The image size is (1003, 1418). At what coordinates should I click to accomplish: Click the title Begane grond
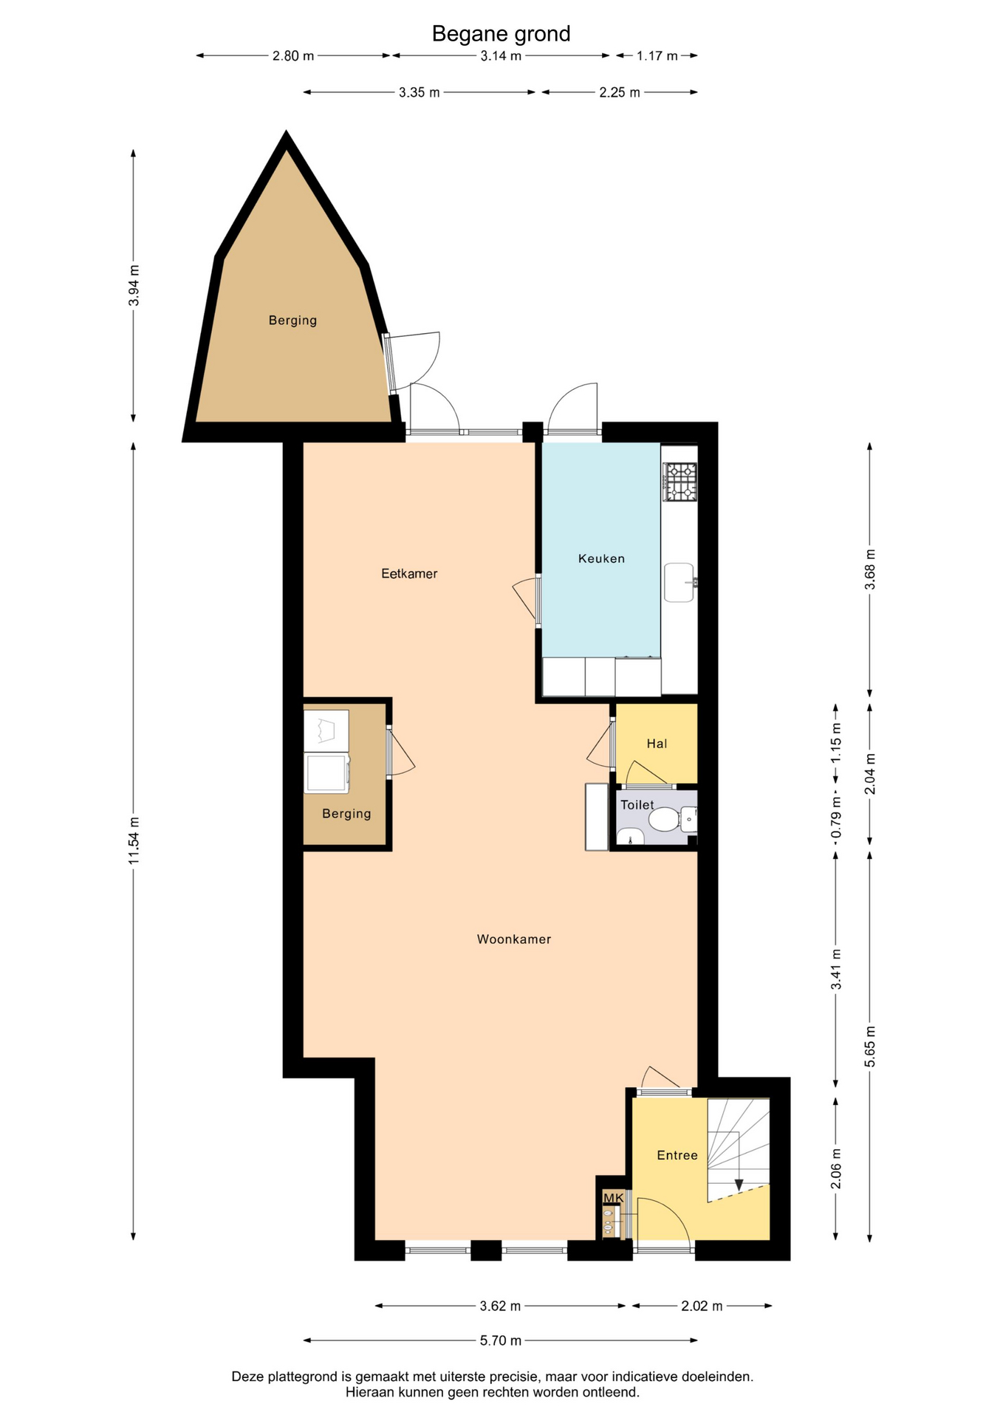501,34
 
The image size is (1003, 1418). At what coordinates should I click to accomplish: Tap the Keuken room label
601,558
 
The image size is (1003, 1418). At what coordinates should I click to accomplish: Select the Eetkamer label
409,573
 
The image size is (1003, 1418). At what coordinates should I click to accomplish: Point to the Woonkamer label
514,939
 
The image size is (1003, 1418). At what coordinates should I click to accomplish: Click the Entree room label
677,1155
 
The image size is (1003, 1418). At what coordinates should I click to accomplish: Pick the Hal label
657,744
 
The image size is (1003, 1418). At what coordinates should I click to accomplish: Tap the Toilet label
637,805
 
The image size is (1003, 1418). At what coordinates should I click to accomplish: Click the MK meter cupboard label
614,1198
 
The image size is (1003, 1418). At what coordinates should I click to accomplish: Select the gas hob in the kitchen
679,482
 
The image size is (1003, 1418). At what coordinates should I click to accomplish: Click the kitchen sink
679,583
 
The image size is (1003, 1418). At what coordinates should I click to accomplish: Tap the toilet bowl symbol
664,820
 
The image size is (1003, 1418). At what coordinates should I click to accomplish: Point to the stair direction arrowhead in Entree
739,1185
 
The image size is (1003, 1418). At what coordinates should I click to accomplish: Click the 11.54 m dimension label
134,841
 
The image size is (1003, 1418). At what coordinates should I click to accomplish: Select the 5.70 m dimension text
501,1340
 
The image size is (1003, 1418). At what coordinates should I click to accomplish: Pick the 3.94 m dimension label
134,285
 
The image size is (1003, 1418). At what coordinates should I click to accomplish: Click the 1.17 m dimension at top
657,56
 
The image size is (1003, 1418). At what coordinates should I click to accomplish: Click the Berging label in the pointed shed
292,321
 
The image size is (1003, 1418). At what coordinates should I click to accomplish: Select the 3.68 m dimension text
870,569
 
